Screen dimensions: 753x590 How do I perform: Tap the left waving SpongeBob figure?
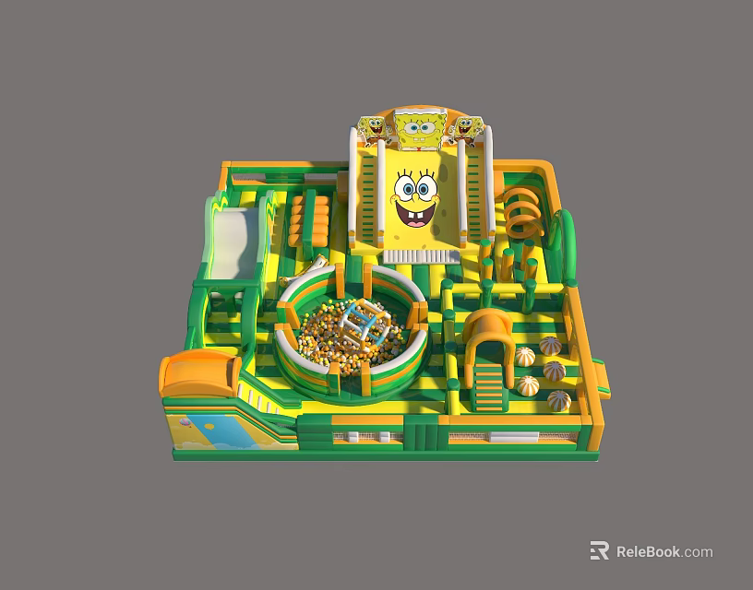pos(374,129)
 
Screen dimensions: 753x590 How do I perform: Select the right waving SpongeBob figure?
pos(466,129)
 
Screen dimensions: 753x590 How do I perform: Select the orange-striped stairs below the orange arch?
pos(489,386)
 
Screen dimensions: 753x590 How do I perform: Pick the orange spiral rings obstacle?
pos(523,213)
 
